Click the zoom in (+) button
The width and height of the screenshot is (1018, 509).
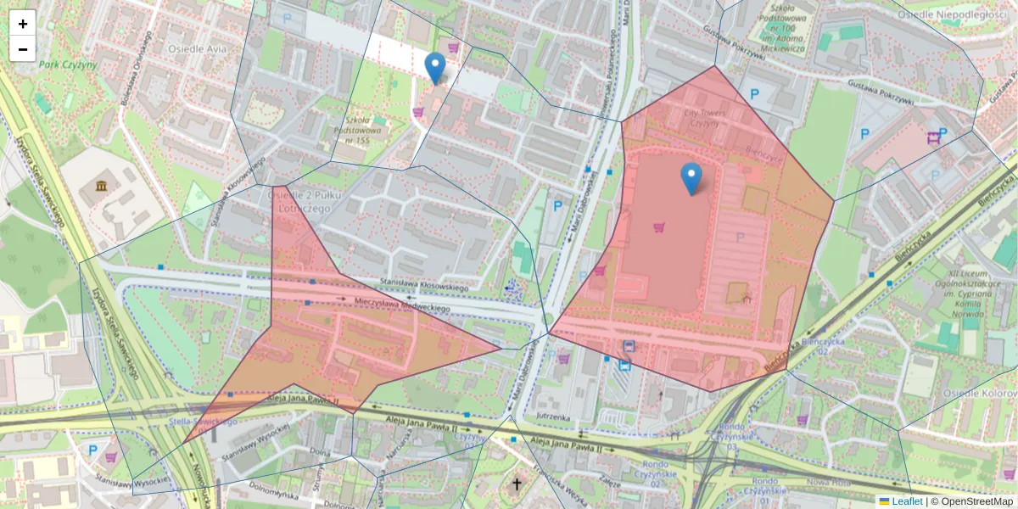coord(23,24)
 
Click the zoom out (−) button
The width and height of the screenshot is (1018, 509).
coord(23,49)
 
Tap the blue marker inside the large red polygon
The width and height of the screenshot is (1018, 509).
coord(691,179)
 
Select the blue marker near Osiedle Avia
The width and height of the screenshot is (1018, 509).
coord(435,69)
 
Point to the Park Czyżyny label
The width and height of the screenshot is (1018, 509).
coord(69,64)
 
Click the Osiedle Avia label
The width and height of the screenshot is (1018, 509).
coord(197,48)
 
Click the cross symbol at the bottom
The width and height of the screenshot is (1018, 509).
coord(517,484)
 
